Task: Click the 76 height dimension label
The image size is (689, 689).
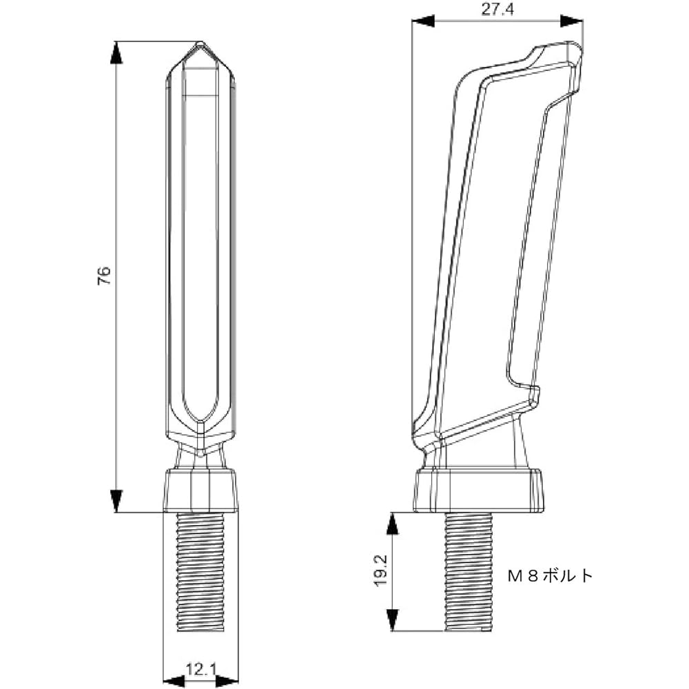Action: (104, 276)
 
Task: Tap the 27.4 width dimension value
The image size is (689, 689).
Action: (497, 10)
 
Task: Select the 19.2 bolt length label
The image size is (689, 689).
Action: (381, 570)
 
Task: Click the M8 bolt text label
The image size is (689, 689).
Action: (550, 575)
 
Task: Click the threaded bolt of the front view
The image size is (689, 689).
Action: (200, 572)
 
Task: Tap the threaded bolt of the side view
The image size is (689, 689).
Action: (469, 572)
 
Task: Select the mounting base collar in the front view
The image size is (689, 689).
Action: (200, 491)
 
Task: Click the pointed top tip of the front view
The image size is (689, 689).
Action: (200, 43)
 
